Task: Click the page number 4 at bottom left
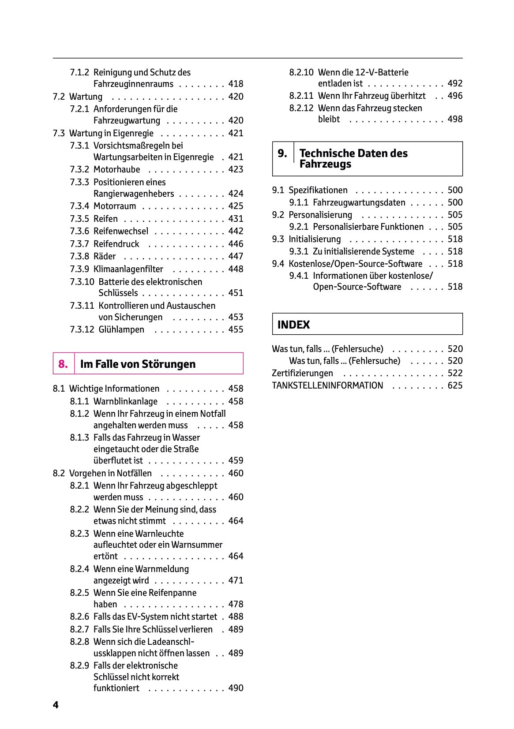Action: pyautogui.click(x=56, y=705)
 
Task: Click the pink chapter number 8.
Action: pyautogui.click(x=63, y=364)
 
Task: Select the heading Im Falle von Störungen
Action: pyautogui.click(x=138, y=364)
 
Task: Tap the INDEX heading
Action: pyautogui.click(x=293, y=325)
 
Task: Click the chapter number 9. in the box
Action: pyautogui.click(x=282, y=153)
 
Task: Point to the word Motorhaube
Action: pyautogui.click(x=116, y=169)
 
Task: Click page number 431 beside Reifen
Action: pyautogui.click(x=236, y=219)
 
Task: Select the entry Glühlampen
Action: pyautogui.click(x=121, y=329)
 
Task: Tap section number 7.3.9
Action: pyautogui.click(x=79, y=269)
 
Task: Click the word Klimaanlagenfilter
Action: pyautogui.click(x=128, y=269)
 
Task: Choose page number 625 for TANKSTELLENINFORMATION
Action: pyautogui.click(x=455, y=385)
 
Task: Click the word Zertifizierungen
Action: pyautogui.click(x=302, y=373)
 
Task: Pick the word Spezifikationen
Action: pyautogui.click(x=318, y=190)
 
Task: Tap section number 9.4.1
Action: pyautogui.click(x=299, y=276)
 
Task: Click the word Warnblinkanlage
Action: pyautogui.click(x=125, y=401)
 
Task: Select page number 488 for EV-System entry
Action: pyautogui.click(x=236, y=617)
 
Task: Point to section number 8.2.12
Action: pyautogui.click(x=301, y=108)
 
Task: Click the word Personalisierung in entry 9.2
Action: pyautogui.click(x=320, y=215)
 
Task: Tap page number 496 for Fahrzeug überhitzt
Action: pyautogui.click(x=455, y=96)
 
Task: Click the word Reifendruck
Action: pyautogui.click(x=116, y=244)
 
